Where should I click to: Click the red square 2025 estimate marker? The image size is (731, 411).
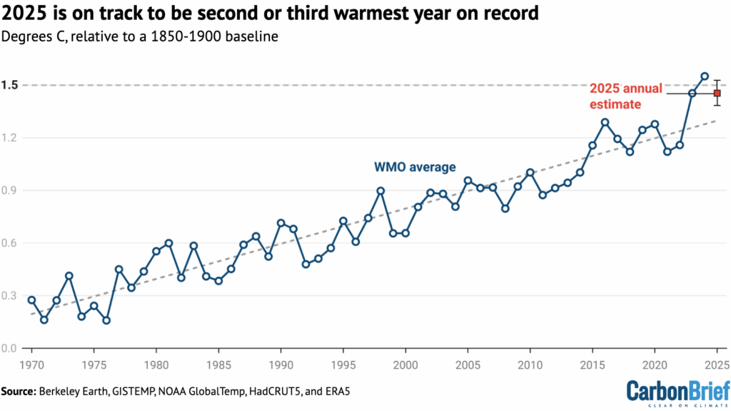717,93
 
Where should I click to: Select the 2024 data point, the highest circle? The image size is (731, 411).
705,76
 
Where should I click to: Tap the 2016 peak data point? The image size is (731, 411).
605,122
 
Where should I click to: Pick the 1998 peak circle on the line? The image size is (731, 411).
380,191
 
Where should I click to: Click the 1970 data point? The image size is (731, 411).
31,300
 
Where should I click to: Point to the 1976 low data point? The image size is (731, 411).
106,320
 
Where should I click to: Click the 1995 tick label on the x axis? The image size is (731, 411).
343,363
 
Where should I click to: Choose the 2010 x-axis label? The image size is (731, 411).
530,363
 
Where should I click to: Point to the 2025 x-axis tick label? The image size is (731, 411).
716,363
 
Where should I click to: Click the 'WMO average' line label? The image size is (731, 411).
415,167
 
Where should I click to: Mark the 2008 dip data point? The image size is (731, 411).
505,209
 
